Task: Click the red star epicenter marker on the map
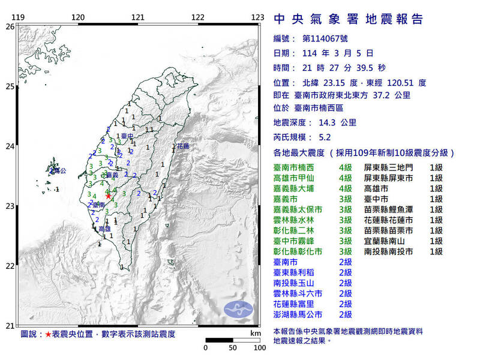[108, 196]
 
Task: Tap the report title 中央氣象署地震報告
[348, 19]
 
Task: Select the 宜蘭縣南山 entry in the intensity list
[388, 240]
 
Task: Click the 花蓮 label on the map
[182, 146]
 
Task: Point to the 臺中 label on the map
[127, 136]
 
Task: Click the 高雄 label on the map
[104, 229]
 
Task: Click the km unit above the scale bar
[256, 332]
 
